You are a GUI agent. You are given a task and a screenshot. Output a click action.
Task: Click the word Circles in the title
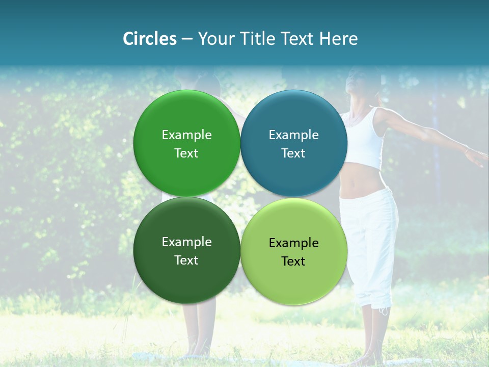[x=149, y=39]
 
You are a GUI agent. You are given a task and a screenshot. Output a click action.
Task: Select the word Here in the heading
[x=338, y=39]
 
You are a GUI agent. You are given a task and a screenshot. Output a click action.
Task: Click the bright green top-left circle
[x=186, y=143]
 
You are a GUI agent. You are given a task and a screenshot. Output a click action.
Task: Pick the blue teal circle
[x=294, y=143]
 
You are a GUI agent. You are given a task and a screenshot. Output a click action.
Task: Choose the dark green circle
[x=186, y=250]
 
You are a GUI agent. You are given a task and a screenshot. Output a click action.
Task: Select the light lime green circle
[x=294, y=251]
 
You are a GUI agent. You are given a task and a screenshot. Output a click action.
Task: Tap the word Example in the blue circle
[x=293, y=135]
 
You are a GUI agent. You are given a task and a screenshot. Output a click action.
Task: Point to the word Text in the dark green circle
[x=186, y=260]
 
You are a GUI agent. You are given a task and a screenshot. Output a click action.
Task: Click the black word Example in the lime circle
[x=293, y=243]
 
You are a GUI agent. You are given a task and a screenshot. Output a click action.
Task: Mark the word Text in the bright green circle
[x=186, y=153]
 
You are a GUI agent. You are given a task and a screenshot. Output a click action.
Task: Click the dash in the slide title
[x=187, y=39]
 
